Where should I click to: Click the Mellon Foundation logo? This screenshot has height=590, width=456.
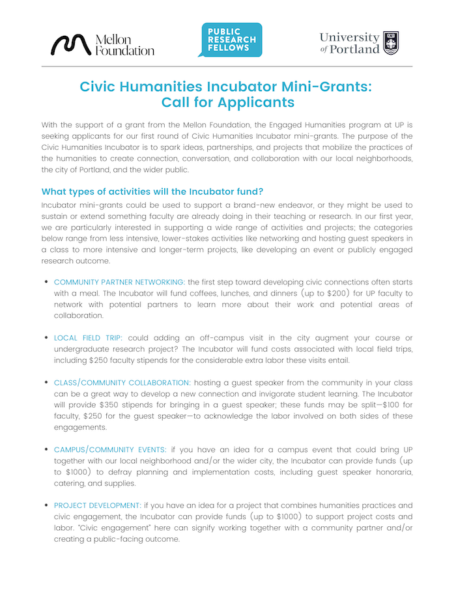pyautogui.click(x=102, y=44)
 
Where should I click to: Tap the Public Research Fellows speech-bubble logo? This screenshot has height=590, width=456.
pyautogui.click(x=231, y=40)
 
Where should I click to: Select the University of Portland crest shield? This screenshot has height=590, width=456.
pyautogui.click(x=391, y=43)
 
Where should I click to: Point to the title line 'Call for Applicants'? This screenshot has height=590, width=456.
pyautogui.click(x=227, y=102)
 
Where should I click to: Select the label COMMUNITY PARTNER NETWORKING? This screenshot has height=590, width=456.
pyautogui.click(x=119, y=281)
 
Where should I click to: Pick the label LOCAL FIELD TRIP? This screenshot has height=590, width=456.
pyautogui.click(x=88, y=337)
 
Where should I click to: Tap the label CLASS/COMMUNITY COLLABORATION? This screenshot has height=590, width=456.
pyautogui.click(x=122, y=382)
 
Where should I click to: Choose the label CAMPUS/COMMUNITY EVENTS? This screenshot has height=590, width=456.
pyautogui.click(x=110, y=450)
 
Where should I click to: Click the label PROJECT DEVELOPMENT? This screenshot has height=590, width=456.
pyautogui.click(x=97, y=505)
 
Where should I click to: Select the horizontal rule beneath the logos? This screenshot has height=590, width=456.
pyautogui.click(x=227, y=66)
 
